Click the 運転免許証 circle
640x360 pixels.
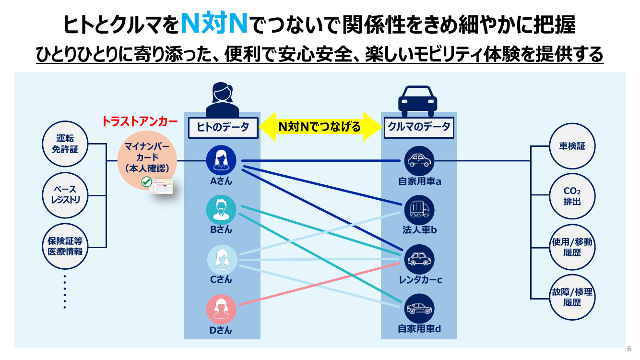[65, 144]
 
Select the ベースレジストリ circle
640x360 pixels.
[65, 195]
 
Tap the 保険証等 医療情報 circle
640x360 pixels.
[65, 246]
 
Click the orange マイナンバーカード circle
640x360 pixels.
[147, 160]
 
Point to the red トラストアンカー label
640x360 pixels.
[140, 121]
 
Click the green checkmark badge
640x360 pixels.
[147, 181]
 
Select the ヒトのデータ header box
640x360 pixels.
[223, 128]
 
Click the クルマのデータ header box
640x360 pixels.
[419, 128]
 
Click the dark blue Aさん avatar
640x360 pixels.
[221, 160]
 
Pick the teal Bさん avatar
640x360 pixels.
[221, 210]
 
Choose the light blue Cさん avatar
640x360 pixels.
[222, 260]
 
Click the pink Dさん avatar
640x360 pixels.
[221, 310]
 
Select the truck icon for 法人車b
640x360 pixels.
[419, 210]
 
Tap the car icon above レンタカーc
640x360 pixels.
[419, 259]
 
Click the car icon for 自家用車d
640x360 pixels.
[419, 309]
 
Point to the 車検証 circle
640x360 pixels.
[572, 146]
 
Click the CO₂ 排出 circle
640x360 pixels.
[572, 196]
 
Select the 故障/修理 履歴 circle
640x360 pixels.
[572, 297]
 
